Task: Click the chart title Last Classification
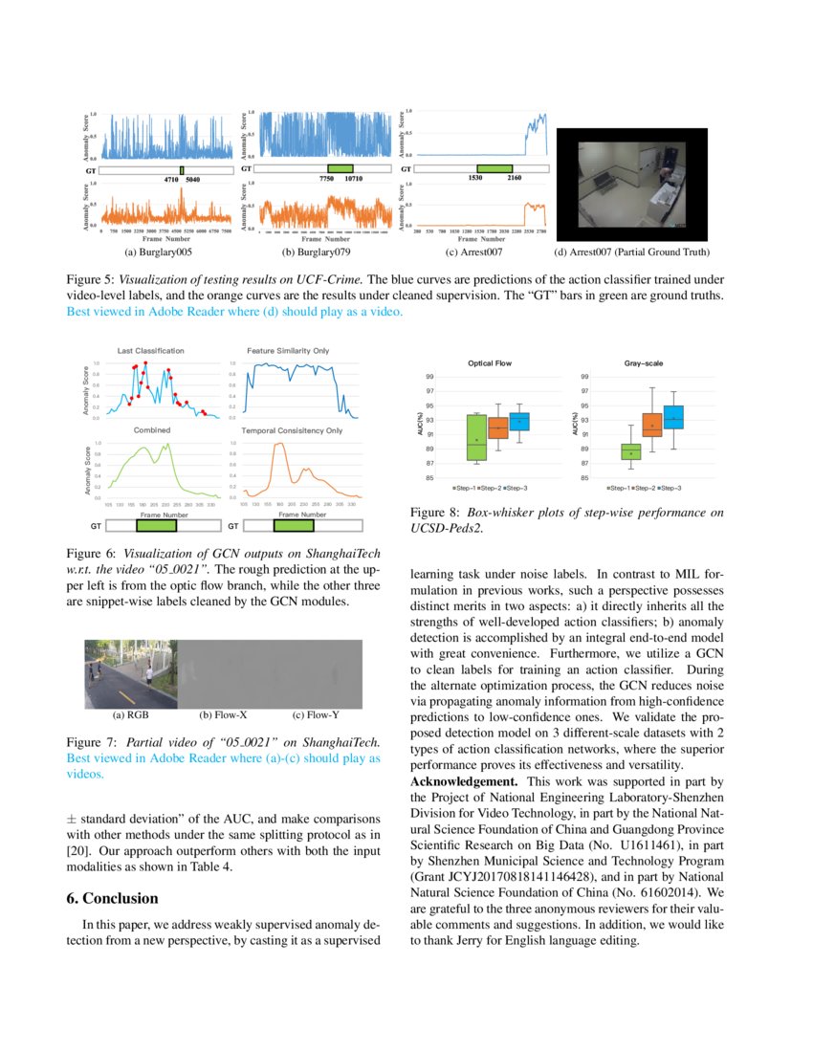(151, 351)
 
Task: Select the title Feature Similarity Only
(288, 351)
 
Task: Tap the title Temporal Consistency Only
(292, 430)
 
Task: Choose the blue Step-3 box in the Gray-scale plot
(673, 417)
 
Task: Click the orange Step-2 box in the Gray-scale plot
(652, 425)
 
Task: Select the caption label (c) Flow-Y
(311, 714)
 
